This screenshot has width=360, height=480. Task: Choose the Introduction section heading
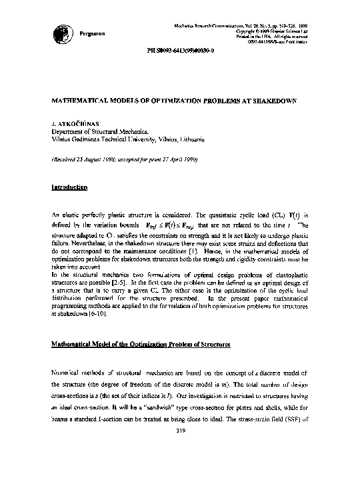(69, 187)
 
